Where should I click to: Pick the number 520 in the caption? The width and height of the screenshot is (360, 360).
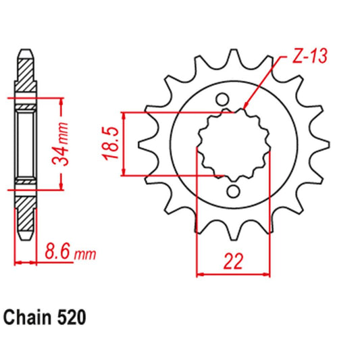(71, 315)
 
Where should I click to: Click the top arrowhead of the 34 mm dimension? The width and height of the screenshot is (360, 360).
(63, 101)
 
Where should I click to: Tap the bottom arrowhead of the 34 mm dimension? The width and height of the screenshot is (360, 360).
(63, 188)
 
